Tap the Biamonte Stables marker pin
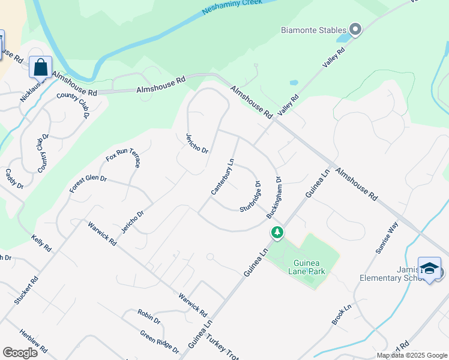point(355,29)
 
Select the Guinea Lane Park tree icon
point(277,232)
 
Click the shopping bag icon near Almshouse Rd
point(40,68)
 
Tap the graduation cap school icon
point(429,269)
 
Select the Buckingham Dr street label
point(274,197)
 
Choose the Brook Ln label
point(342,315)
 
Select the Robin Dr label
point(149,317)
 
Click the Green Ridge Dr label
point(160,341)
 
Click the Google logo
point(20,353)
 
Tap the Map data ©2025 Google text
point(412,355)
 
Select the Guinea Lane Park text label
point(309,268)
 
